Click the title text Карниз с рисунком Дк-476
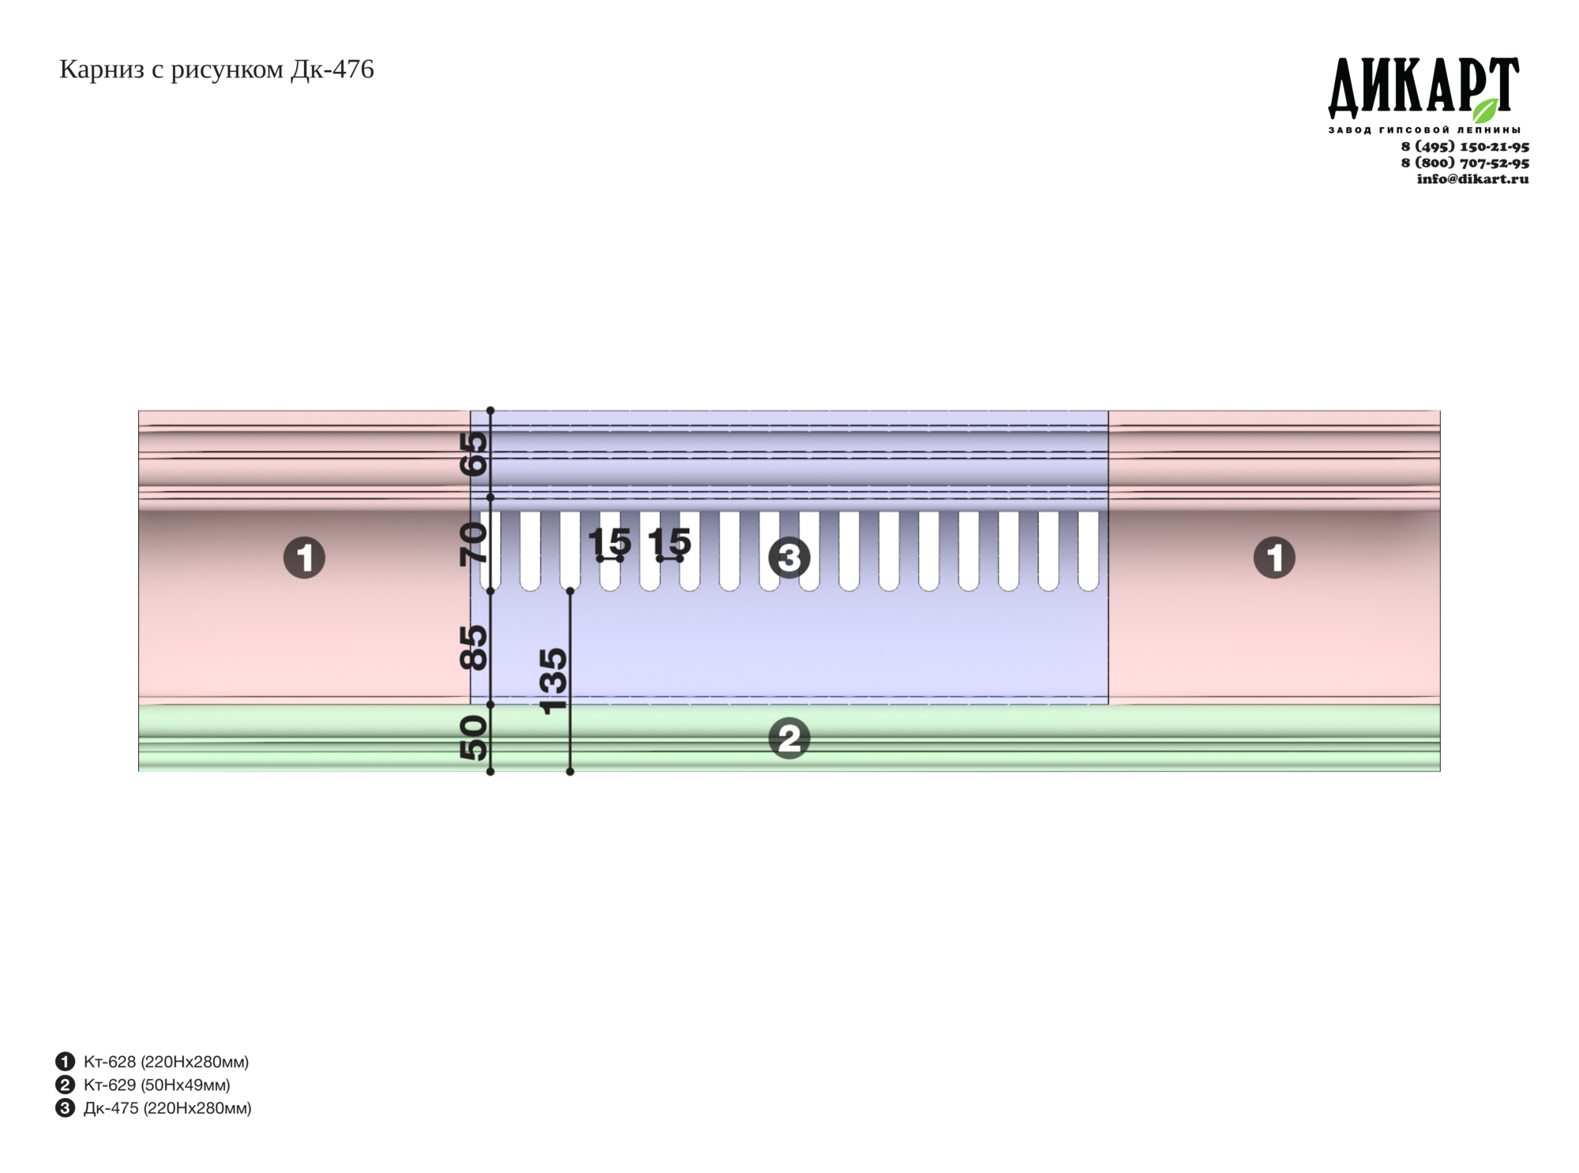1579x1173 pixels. (216, 69)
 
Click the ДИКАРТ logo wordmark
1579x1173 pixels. (1423, 88)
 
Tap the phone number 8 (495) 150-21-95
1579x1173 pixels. (1465, 147)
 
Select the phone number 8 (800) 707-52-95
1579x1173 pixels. (1465, 163)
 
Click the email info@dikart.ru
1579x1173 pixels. (1472, 178)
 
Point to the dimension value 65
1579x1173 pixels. (474, 454)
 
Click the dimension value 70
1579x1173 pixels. (474, 544)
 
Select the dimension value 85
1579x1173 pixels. (474, 647)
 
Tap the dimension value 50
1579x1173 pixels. (474, 738)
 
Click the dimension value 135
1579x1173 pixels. (553, 681)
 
